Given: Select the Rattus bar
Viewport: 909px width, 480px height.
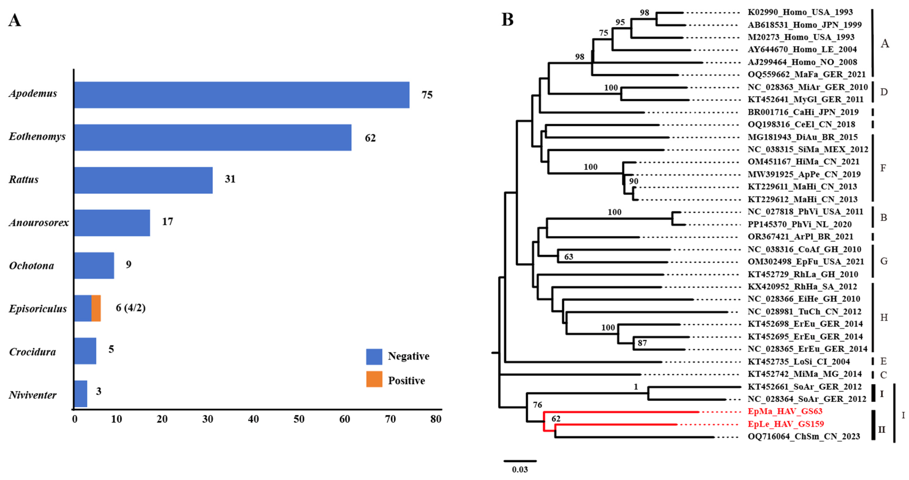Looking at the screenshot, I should click(143, 180).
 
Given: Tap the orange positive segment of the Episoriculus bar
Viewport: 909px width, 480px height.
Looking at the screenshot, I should click(96, 308).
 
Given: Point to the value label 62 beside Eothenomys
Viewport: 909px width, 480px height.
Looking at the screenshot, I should click(370, 138).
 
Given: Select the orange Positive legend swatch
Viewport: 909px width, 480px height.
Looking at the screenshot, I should click(374, 379).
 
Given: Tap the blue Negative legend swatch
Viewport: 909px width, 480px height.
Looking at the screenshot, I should click(374, 357).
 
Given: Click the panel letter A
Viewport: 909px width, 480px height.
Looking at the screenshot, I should click(15, 20).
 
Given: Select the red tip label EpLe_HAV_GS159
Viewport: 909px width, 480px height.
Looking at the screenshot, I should click(786, 424).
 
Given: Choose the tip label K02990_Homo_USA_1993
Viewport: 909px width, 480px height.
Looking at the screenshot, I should click(800, 12).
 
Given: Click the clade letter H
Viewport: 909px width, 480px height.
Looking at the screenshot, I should click(884, 318).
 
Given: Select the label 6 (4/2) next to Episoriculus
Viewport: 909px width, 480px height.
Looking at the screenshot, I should click(131, 308).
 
